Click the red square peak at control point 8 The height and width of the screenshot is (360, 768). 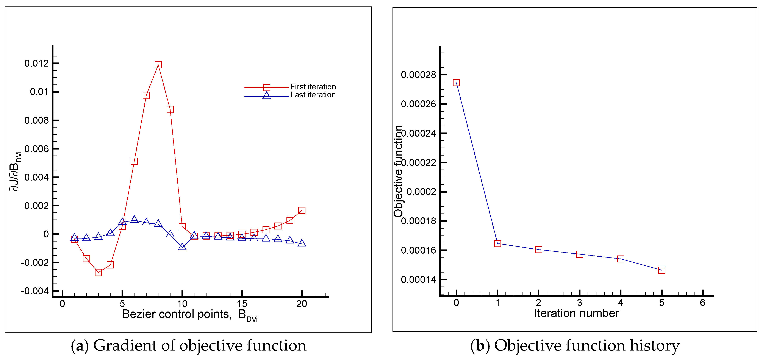click(158, 65)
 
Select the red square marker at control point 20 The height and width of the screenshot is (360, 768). click(302, 210)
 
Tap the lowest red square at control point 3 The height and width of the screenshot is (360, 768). click(98, 272)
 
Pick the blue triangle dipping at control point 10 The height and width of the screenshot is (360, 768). click(182, 247)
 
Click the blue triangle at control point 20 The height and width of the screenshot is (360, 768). click(302, 243)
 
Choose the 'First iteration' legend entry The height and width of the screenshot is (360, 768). click(313, 87)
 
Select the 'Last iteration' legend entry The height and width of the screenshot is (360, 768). click(313, 95)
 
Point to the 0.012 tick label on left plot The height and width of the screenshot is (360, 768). click(36, 64)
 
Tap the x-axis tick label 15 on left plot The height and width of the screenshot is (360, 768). click(242, 304)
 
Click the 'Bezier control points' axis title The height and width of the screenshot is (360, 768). click(177, 314)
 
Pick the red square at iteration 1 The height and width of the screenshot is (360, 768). click(497, 243)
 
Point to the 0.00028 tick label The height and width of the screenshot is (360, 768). click(418, 75)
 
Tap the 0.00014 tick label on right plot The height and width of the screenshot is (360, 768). click(418, 280)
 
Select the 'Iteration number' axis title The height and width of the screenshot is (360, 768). click(576, 313)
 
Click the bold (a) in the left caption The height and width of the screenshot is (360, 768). click(80, 346)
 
